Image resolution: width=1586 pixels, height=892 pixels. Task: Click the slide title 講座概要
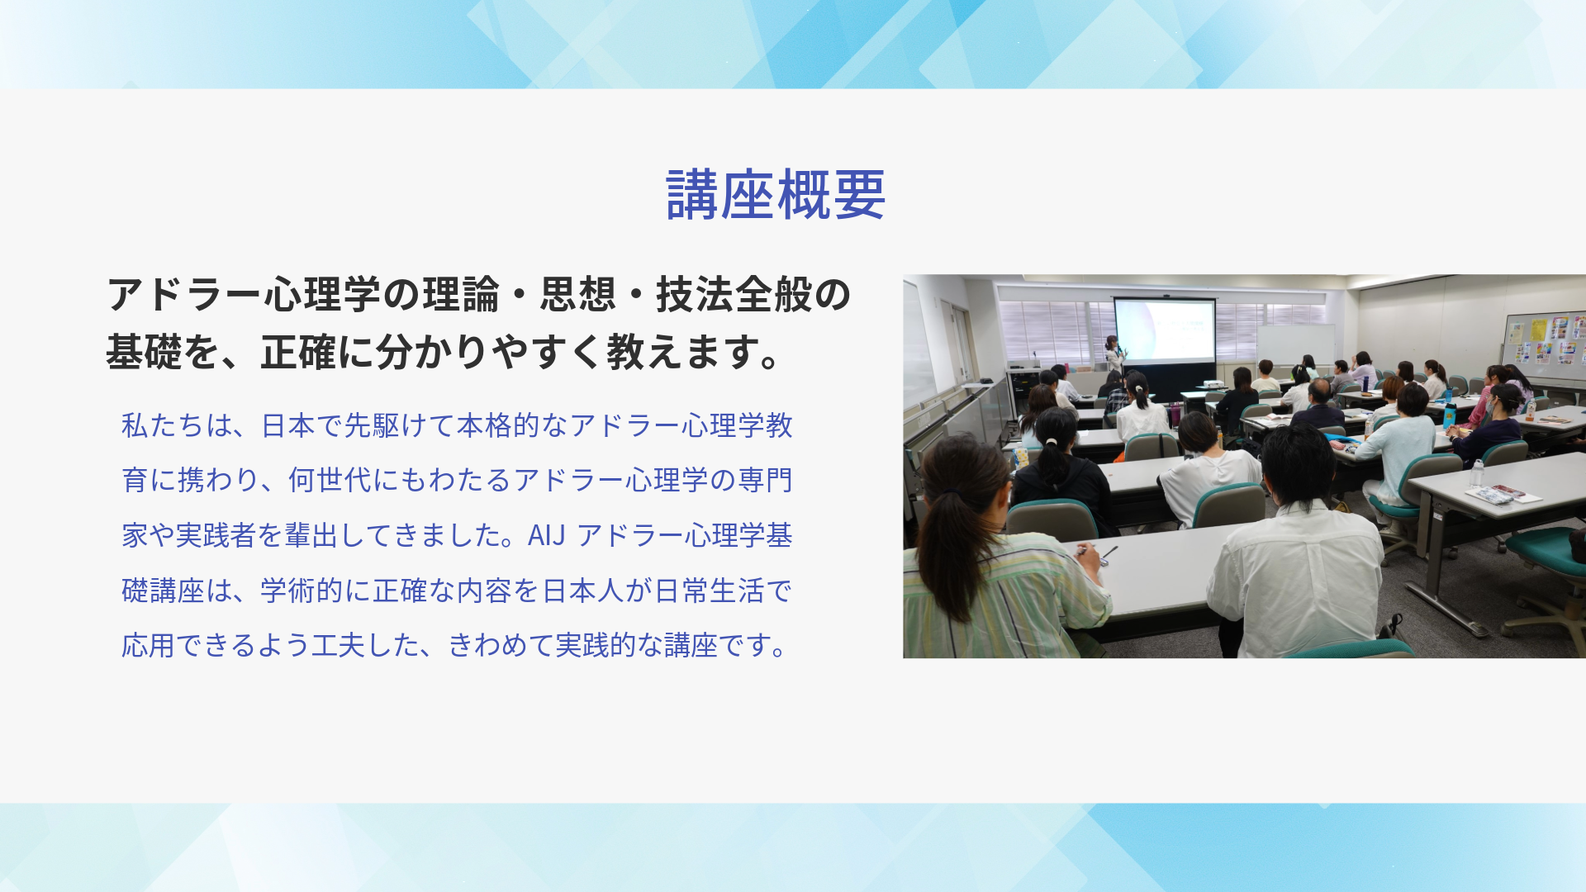tap(776, 195)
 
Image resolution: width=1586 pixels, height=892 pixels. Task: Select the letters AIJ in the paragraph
tap(546, 535)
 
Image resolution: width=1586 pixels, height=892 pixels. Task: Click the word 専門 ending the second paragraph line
tap(765, 480)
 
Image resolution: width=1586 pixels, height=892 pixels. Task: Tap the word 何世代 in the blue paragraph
tap(330, 480)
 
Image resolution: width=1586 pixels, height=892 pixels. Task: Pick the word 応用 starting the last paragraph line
tap(149, 645)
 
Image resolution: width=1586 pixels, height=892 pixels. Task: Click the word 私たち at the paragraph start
tap(163, 425)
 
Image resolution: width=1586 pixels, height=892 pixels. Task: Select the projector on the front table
tap(1211, 384)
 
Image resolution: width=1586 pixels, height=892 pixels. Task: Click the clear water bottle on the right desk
tap(1477, 472)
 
